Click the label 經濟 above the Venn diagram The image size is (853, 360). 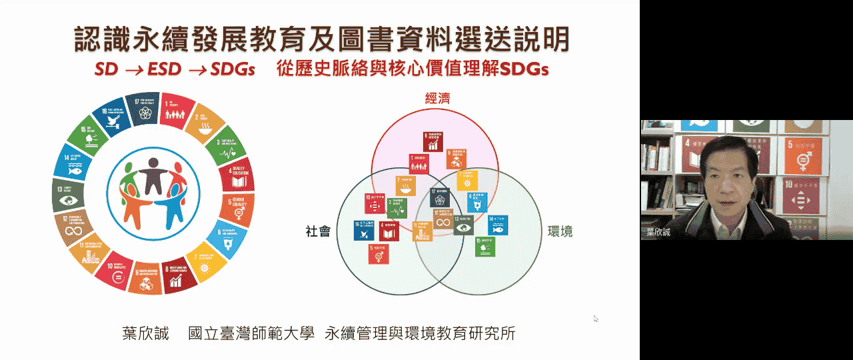(x=438, y=99)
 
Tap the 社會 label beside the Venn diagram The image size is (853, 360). (x=318, y=231)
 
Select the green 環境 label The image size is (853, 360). (x=560, y=231)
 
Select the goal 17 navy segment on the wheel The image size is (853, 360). (x=142, y=109)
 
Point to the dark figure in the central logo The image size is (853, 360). (x=153, y=170)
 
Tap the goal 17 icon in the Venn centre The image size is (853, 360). (x=440, y=198)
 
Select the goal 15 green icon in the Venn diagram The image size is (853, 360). (x=484, y=247)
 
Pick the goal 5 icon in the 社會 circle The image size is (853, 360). (x=378, y=253)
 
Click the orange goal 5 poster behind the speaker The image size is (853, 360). (x=802, y=157)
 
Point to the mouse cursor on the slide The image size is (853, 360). (x=596, y=319)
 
